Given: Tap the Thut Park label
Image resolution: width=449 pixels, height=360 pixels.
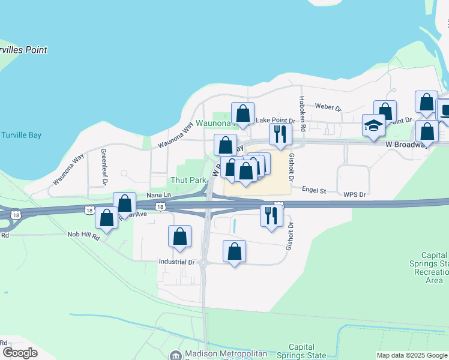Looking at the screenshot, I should coord(188,180).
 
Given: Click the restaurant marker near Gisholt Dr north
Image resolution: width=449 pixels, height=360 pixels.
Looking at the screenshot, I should coord(280,134).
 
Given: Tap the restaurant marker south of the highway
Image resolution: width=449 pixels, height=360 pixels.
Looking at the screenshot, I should coord(271,215).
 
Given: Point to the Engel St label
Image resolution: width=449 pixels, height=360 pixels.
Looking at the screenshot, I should coord(313,191).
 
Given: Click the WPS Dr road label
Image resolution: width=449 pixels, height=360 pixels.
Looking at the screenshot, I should coord(354,195).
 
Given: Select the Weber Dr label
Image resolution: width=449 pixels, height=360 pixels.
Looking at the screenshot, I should coord(328,108).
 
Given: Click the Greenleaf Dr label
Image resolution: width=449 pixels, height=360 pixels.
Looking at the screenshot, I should coord(104,166).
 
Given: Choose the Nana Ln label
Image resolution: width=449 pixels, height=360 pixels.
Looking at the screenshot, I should coord(158,196).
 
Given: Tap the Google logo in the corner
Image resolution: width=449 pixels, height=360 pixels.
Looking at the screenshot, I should coord(20,352).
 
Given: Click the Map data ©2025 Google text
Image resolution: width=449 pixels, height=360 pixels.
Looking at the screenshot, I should coord(412,355).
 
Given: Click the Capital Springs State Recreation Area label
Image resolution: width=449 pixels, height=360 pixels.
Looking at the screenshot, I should coord(433,268).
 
